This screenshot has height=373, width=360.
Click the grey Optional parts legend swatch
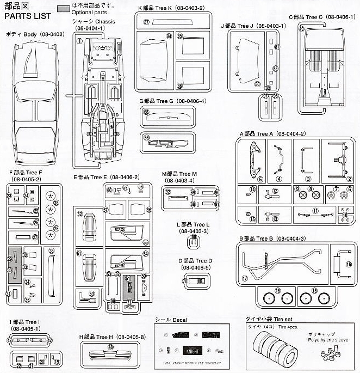pos(64,9)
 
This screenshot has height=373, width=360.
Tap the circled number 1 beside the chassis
pos(79,41)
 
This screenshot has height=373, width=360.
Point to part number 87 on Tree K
pos(146,21)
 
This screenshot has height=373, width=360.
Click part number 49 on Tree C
pos(301,29)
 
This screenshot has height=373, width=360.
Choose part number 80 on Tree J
pos(258,84)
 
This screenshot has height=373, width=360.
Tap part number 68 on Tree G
pos(146,111)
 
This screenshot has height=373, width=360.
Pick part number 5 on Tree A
pos(245,179)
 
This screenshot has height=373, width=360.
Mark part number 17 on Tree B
pos(245,278)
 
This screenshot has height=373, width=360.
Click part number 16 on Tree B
pos(348,264)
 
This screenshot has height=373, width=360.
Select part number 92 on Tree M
pos(168,192)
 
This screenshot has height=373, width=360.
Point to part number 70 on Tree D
pos(185,282)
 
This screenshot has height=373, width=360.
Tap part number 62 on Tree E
pos(79,214)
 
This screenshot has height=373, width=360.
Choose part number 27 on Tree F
pos(35,237)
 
